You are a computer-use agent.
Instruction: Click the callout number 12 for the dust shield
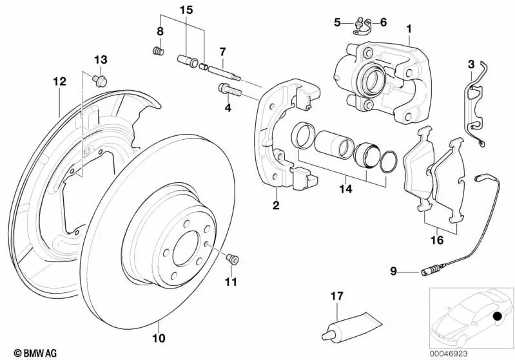tap(59, 81)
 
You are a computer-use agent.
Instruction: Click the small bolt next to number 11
tap(233, 260)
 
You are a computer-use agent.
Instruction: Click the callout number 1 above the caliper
tap(408, 29)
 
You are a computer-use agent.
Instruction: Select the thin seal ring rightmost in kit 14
tap(389, 162)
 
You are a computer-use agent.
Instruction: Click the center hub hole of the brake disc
tap(186, 245)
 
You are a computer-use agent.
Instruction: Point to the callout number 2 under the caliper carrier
tap(276, 205)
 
